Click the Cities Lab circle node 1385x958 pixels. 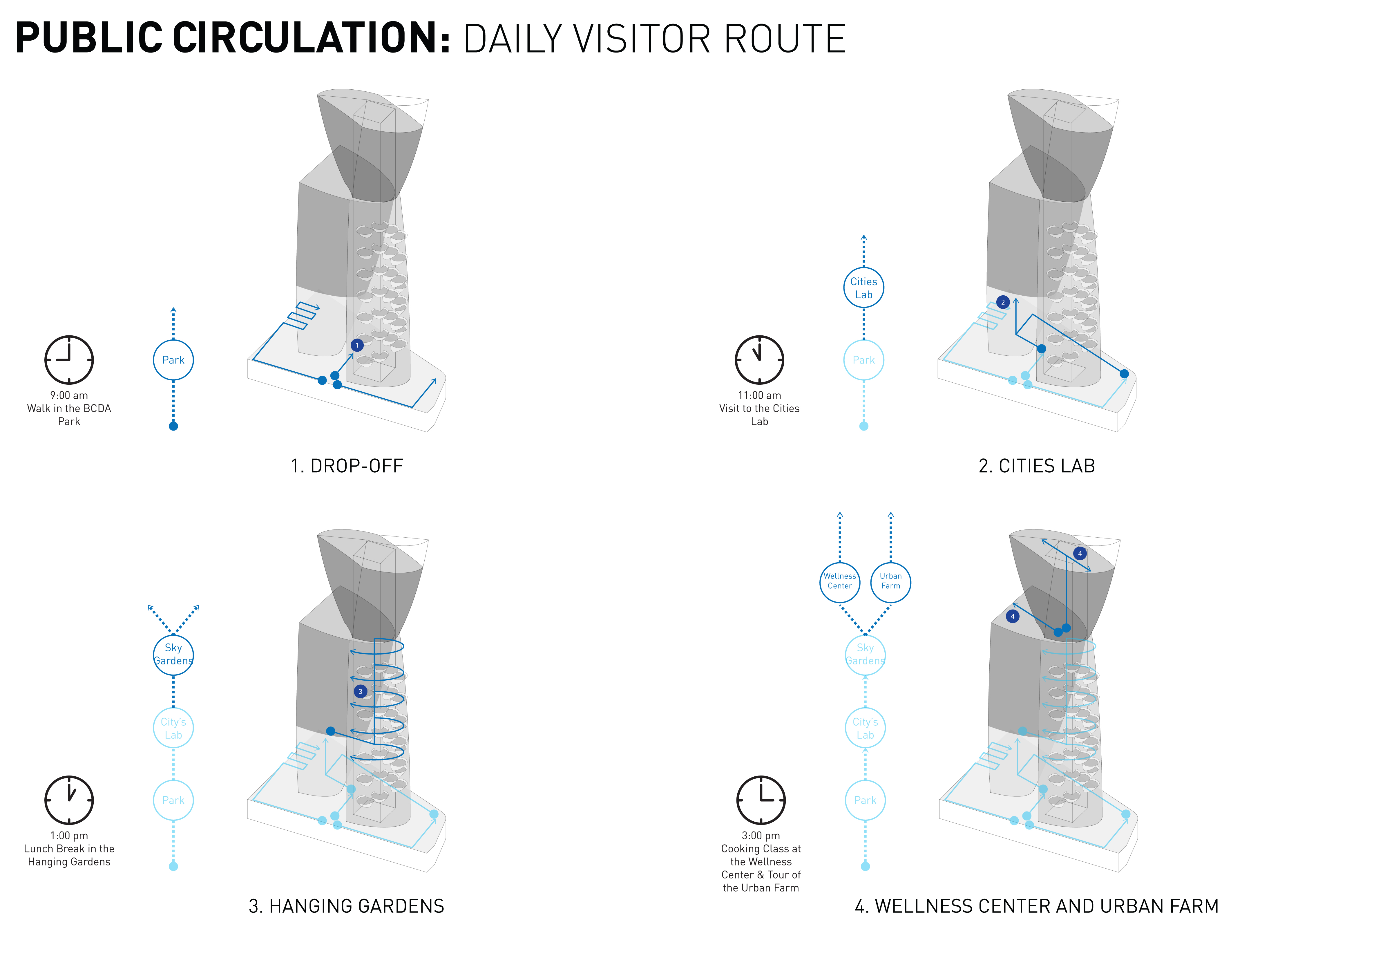click(x=863, y=288)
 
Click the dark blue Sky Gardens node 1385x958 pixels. click(x=173, y=654)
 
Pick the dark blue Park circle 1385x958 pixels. click(x=173, y=360)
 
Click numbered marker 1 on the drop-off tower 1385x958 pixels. click(x=357, y=345)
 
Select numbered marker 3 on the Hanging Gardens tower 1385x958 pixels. click(x=360, y=691)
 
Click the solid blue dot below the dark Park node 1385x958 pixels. click(x=173, y=426)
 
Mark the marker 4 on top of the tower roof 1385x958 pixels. click(x=1080, y=554)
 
